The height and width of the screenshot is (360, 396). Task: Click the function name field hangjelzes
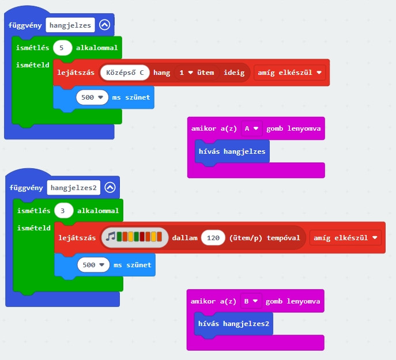point(71,25)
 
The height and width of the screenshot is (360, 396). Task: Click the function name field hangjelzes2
point(74,188)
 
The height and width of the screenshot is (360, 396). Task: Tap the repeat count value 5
point(62,47)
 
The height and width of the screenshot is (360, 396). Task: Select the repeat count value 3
point(63,210)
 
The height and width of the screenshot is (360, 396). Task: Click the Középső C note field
point(125,73)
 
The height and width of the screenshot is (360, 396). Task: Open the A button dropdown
point(252,128)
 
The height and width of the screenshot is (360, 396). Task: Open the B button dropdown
point(252,301)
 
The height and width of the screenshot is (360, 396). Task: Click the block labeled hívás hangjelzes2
point(233,324)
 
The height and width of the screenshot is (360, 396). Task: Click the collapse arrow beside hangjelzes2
point(110,187)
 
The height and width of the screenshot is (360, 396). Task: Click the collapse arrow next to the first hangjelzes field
point(104,25)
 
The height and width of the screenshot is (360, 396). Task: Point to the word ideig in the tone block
point(234,73)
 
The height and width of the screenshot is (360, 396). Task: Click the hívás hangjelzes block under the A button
point(232,151)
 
